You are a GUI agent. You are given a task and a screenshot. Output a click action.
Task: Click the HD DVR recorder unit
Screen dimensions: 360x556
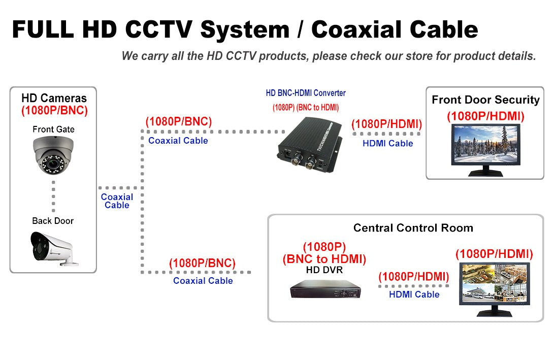[x=325, y=291]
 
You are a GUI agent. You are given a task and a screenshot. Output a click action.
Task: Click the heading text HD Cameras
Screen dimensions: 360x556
[x=54, y=99]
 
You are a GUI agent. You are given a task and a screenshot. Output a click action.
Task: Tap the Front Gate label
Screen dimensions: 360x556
[x=53, y=129]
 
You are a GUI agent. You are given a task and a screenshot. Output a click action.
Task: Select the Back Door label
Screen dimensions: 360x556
[x=53, y=221]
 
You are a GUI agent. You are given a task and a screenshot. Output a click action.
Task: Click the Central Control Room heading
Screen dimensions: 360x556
[x=413, y=228]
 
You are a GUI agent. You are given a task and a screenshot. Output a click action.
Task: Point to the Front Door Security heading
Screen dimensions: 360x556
[x=485, y=100]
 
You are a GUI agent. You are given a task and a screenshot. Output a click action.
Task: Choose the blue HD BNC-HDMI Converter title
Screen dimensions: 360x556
[x=306, y=93]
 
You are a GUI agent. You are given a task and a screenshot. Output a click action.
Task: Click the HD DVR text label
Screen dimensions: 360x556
[x=324, y=270]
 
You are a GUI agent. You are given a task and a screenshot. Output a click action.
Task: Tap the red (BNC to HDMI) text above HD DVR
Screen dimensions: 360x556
[x=324, y=259]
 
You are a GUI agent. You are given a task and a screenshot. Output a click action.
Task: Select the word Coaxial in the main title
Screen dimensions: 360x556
[x=364, y=29]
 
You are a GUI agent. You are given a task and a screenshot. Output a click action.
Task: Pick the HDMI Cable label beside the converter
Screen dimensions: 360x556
[x=387, y=144]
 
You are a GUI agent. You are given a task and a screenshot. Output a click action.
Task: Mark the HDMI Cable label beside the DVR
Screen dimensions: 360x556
[x=414, y=294]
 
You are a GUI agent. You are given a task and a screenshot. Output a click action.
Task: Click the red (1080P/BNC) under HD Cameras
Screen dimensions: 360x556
[x=54, y=110]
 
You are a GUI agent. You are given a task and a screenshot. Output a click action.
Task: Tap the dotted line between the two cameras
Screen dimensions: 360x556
[x=53, y=195]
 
